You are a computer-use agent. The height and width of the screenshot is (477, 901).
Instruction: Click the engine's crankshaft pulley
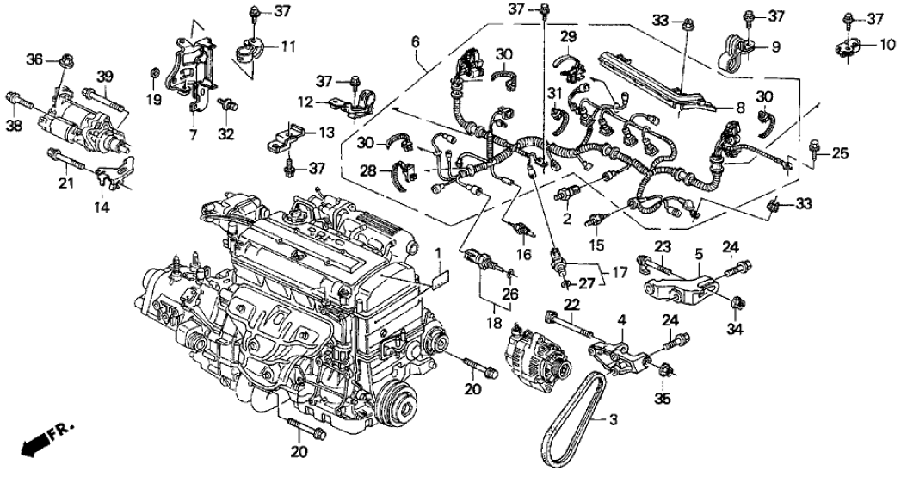tap(398, 405)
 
